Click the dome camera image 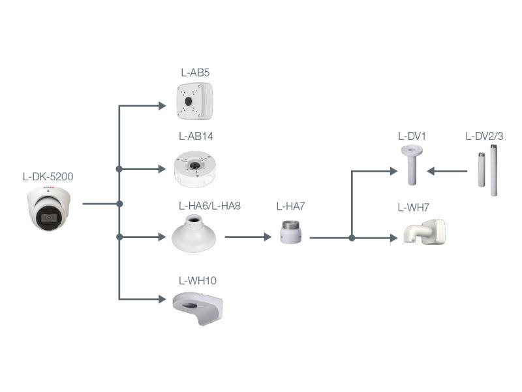pos(50,208)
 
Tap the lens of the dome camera pos(48,218)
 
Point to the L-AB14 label pos(196,137)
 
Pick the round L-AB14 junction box pos(196,169)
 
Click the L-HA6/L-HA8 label pos(209,205)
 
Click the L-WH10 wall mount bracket pos(198,308)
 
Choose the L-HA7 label pos(291,206)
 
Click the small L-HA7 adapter pos(291,232)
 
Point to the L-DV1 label pos(412,137)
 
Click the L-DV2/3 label pos(484,137)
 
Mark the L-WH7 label pos(413,208)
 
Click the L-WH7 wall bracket pos(424,233)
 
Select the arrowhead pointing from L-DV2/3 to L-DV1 pos(431,172)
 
